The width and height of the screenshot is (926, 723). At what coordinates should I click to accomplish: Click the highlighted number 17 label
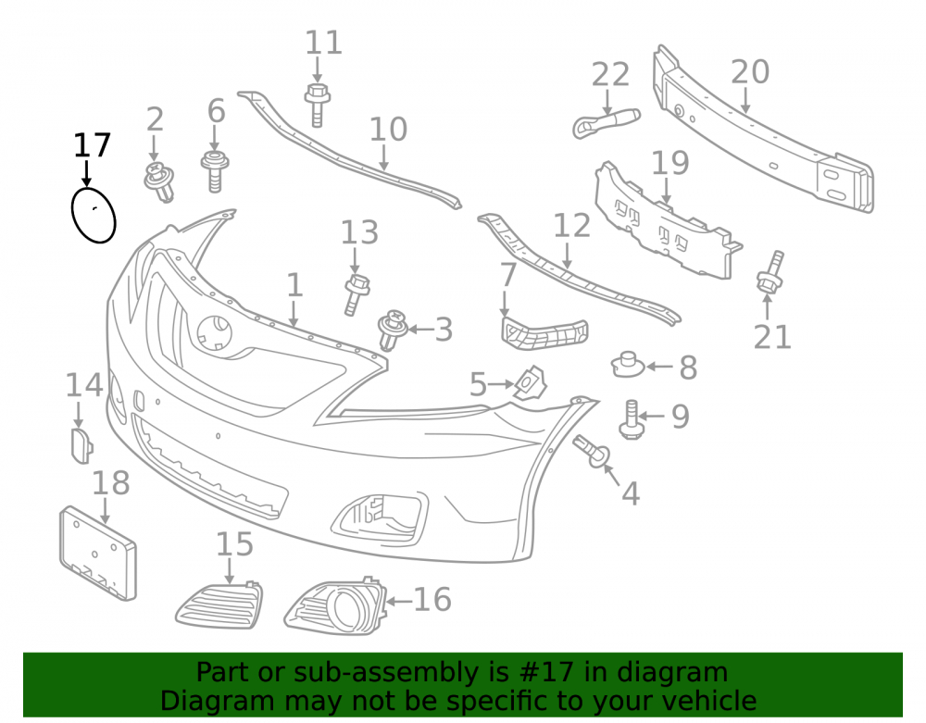(92, 145)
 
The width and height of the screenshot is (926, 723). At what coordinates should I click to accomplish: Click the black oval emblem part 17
(72, 216)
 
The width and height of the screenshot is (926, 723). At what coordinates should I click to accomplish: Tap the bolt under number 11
(317, 105)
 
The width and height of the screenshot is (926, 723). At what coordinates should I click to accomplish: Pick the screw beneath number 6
(215, 170)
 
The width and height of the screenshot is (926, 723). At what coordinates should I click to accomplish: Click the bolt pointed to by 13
(357, 294)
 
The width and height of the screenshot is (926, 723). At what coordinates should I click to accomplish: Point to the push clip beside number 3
(393, 330)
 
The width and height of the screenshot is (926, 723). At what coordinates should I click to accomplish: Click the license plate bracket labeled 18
(98, 553)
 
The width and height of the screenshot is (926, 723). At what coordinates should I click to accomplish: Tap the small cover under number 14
(81, 445)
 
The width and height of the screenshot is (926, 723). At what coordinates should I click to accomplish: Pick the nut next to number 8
(627, 365)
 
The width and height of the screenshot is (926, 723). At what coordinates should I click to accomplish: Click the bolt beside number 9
(630, 419)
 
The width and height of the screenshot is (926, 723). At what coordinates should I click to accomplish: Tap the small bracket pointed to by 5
(530, 382)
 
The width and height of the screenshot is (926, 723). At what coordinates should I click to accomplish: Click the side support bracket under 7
(544, 333)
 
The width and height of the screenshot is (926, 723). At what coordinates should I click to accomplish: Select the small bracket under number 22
(606, 123)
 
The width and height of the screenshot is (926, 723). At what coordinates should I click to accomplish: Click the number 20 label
(750, 72)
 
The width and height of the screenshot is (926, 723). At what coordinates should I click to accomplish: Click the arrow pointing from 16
(399, 602)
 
